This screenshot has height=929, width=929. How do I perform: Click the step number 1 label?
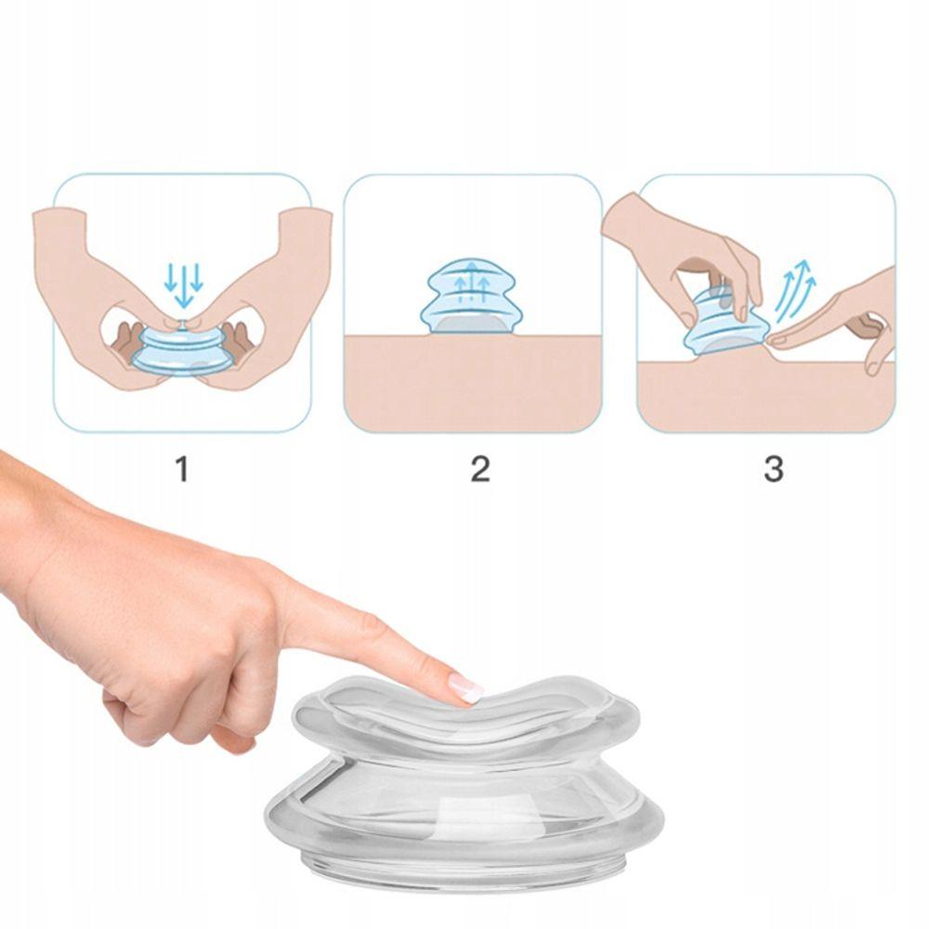(x=182, y=468)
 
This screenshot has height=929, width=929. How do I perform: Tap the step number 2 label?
(x=480, y=468)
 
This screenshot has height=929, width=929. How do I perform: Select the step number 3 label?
(x=773, y=468)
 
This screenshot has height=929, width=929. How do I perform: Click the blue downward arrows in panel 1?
(x=184, y=285)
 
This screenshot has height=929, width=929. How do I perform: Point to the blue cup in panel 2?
(x=471, y=295)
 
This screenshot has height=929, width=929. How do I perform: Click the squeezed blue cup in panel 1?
(x=182, y=350)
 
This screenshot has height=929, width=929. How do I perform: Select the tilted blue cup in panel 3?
(x=723, y=323)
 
